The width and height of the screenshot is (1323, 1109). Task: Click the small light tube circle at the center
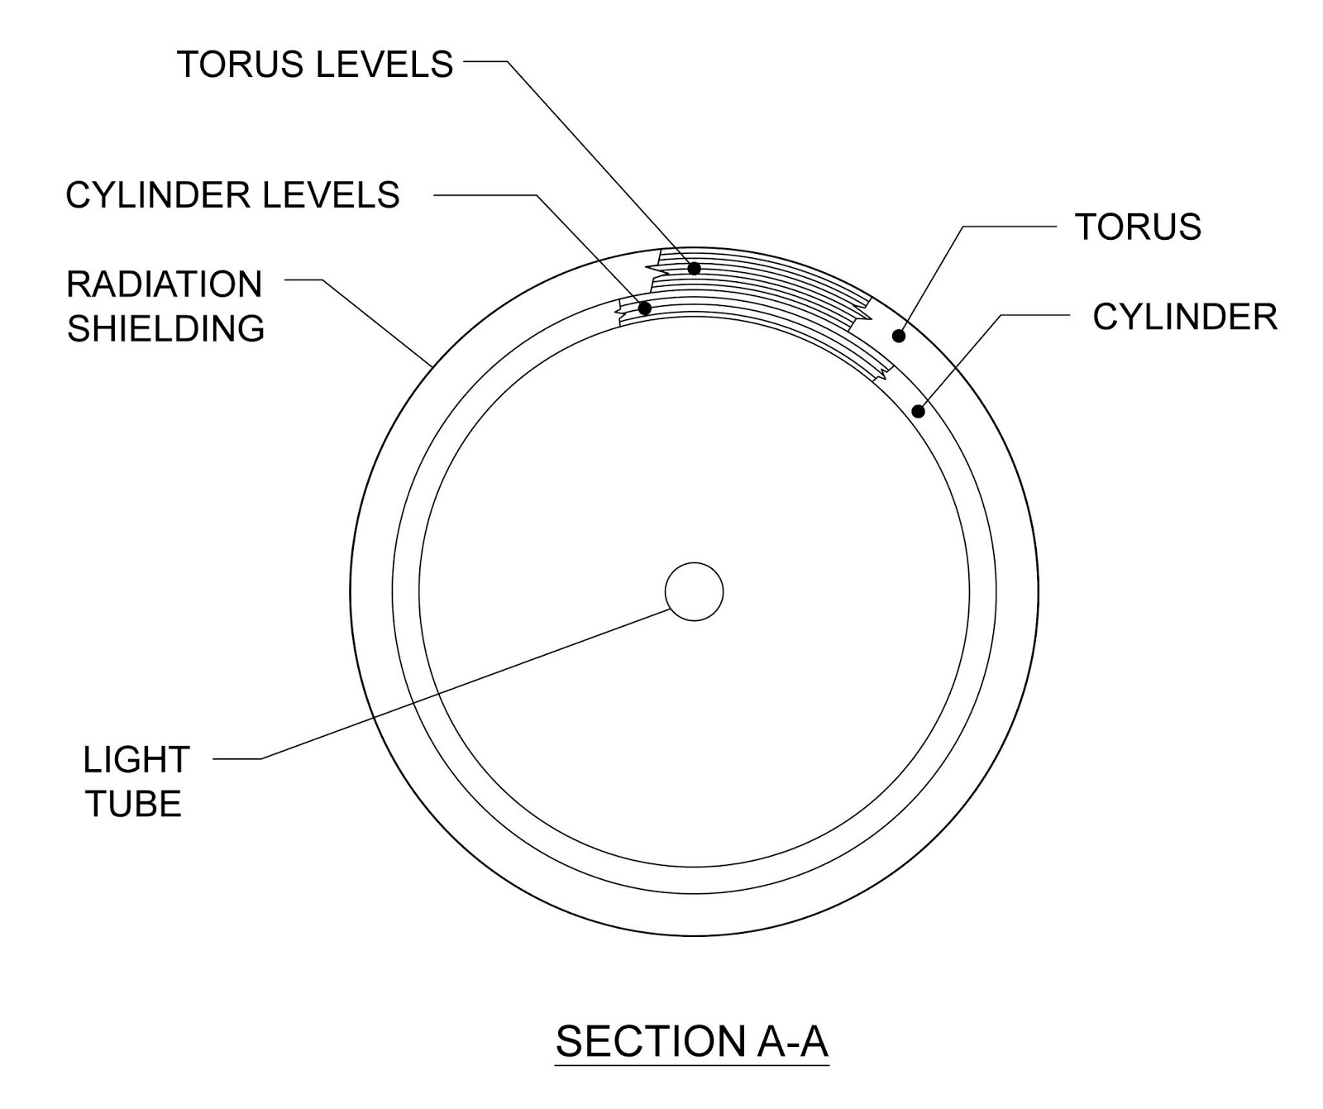click(x=694, y=591)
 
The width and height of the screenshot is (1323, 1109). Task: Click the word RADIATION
click(x=165, y=284)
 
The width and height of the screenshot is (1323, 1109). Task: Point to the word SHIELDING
click(x=165, y=329)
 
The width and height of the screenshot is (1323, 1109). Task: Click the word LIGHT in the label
click(x=136, y=760)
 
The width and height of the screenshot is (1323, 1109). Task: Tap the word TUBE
click(x=134, y=804)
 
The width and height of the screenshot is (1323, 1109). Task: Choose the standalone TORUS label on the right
click(x=1138, y=227)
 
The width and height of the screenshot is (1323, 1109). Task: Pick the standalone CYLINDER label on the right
click(x=1185, y=317)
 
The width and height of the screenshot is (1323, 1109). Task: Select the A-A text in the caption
click(x=791, y=1041)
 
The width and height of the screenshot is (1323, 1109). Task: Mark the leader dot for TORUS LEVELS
click(x=695, y=269)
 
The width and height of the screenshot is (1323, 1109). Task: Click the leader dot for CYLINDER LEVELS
click(x=646, y=309)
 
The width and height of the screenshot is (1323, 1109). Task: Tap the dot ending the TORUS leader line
click(x=899, y=336)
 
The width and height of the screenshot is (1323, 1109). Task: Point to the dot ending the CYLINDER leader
click(x=918, y=411)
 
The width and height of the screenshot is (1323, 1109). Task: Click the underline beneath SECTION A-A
click(x=691, y=1065)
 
